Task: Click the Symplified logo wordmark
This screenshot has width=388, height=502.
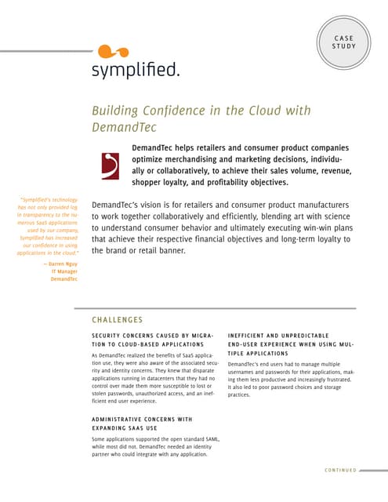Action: pos(136,71)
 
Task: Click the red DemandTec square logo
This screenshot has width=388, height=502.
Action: pos(111,165)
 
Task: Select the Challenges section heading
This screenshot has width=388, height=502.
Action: pos(117,320)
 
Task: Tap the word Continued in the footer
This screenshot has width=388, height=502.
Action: pos(339,471)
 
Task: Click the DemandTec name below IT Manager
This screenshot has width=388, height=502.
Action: pos(64,279)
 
